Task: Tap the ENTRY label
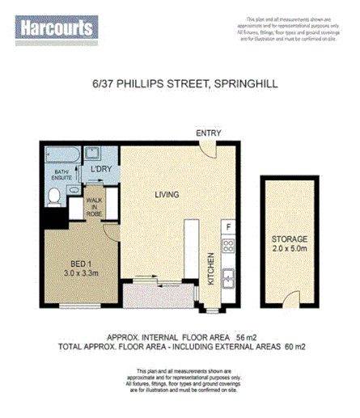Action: pyautogui.click(x=208, y=133)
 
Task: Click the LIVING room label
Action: pyautogui.click(x=167, y=194)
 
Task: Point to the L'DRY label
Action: pyautogui.click(x=101, y=168)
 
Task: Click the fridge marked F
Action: pyautogui.click(x=229, y=227)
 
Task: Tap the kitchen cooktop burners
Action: pyautogui.click(x=229, y=246)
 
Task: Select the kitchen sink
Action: pyautogui.click(x=229, y=277)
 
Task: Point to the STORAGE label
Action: pyautogui.click(x=290, y=239)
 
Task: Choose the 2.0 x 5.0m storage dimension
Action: pyautogui.click(x=290, y=250)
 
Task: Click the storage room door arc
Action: pyautogui.click(x=294, y=302)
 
